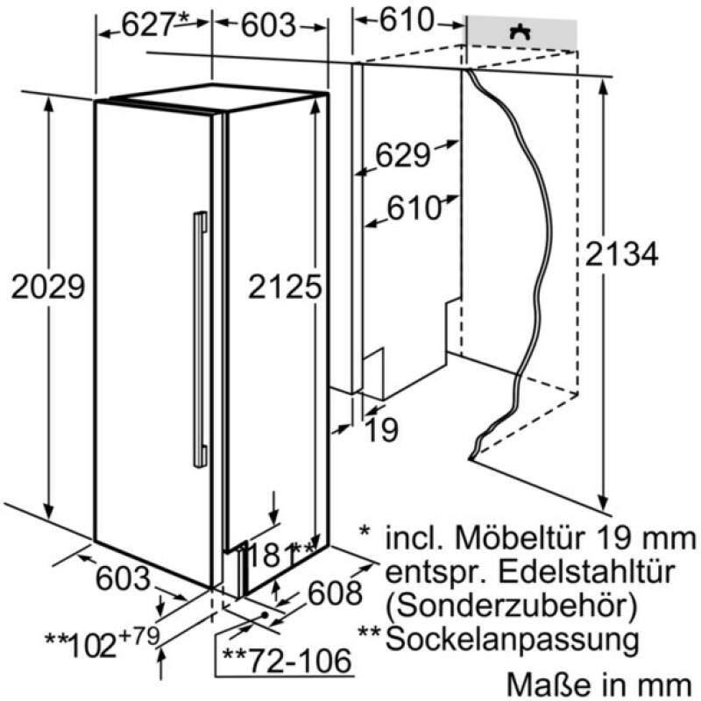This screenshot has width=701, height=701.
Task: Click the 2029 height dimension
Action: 48,287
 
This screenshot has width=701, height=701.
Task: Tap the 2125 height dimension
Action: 285,287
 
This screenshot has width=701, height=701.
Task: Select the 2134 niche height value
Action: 621,253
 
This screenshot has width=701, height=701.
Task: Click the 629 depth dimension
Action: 403,155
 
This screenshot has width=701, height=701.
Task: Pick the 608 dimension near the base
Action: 336,593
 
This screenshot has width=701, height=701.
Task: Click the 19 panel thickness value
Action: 381,429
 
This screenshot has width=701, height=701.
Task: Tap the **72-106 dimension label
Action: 287,661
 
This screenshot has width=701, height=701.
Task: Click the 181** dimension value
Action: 280,554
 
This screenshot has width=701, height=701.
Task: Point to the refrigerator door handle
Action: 201,339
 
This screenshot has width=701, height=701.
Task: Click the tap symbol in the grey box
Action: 520,32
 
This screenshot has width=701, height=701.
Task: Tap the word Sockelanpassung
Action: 512,640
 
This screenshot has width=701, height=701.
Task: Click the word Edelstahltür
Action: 585,571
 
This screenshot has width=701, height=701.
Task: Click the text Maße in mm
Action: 599,684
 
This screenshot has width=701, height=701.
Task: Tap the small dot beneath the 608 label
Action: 265,615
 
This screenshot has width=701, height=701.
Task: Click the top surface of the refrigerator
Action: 219,97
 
